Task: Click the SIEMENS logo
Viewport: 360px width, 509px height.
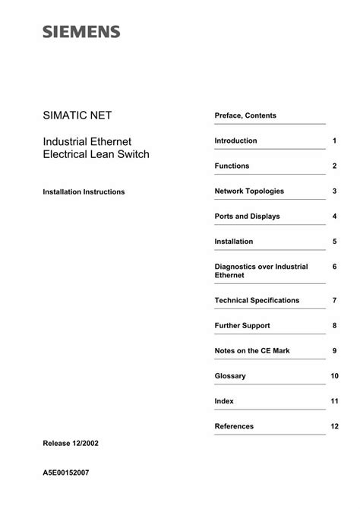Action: pyautogui.click(x=82, y=31)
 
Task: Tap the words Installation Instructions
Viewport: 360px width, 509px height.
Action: pyautogui.click(x=84, y=192)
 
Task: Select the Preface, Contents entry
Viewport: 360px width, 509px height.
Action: pyautogui.click(x=245, y=115)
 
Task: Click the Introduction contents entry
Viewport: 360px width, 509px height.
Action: pyautogui.click(x=235, y=141)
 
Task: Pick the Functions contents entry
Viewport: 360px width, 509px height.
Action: pyautogui.click(x=232, y=166)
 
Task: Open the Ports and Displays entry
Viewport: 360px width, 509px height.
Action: pyautogui.click(x=247, y=217)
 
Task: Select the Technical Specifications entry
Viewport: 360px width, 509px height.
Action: pyautogui.click(x=257, y=301)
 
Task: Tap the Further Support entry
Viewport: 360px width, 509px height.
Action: pyautogui.click(x=242, y=326)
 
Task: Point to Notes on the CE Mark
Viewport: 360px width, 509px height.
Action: pyautogui.click(x=252, y=351)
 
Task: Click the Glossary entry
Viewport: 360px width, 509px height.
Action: pyautogui.click(x=231, y=376)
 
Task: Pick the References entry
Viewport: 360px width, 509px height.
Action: pyautogui.click(x=234, y=426)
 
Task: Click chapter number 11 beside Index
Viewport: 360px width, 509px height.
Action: pyautogui.click(x=334, y=401)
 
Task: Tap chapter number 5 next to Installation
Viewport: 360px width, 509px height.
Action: pyautogui.click(x=334, y=242)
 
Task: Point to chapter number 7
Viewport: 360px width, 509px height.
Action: pyautogui.click(x=334, y=301)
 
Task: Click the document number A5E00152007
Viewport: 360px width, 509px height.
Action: pyautogui.click(x=67, y=472)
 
